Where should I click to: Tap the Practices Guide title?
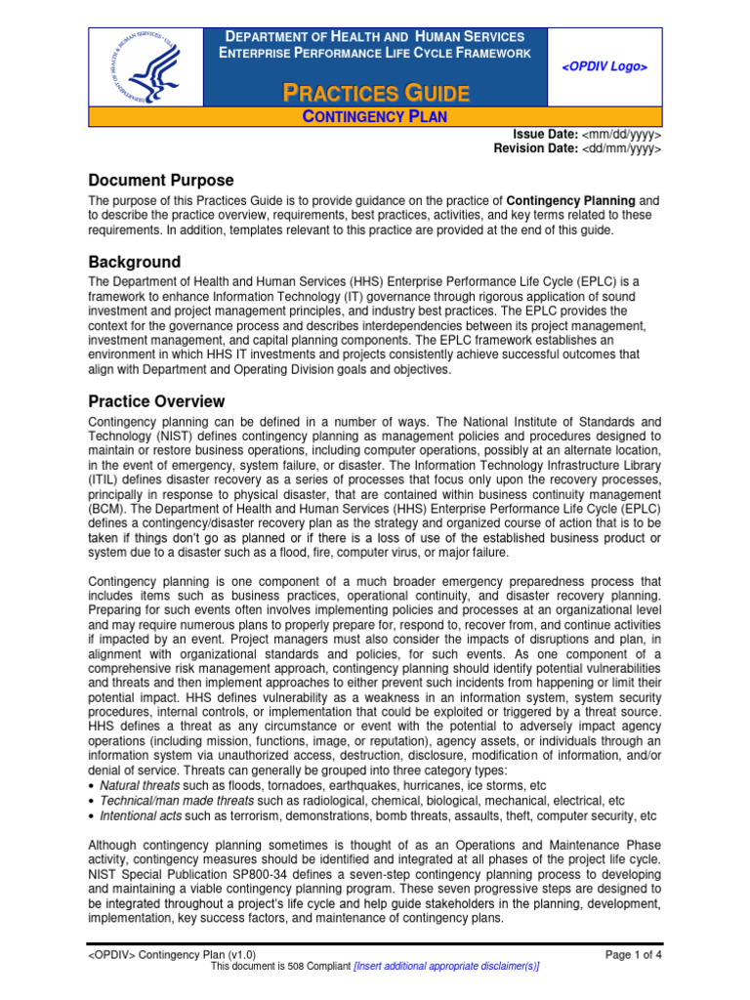click(x=376, y=94)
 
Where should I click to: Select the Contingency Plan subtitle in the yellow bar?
click(x=375, y=117)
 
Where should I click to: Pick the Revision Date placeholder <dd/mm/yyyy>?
click(x=622, y=148)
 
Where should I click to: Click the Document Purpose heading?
click(x=161, y=181)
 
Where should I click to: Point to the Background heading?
click(x=135, y=262)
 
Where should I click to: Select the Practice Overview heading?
click(x=156, y=401)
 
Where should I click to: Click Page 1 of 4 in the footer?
click(x=634, y=954)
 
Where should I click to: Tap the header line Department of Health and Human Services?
click(x=376, y=36)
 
